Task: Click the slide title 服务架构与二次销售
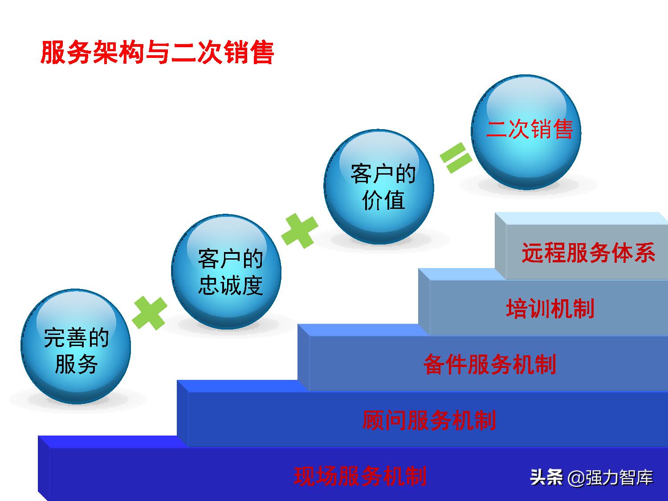[x=157, y=53]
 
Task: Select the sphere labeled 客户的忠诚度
[x=226, y=272]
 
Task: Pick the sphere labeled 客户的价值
[x=379, y=187]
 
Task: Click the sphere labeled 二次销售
[x=526, y=132]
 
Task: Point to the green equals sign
[x=456, y=158]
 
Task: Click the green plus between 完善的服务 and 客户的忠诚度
[x=150, y=313]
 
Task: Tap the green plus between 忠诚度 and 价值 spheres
[x=300, y=231]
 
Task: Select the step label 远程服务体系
[x=588, y=253]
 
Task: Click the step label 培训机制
[x=550, y=309]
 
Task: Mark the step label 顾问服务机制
[x=429, y=420]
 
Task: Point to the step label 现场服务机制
[x=360, y=476]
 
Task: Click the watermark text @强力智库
[x=610, y=478]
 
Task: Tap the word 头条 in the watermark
[x=546, y=477]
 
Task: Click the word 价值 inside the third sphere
[x=383, y=200]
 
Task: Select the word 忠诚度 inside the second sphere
[x=230, y=285]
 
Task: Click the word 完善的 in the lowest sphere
[x=76, y=338]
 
